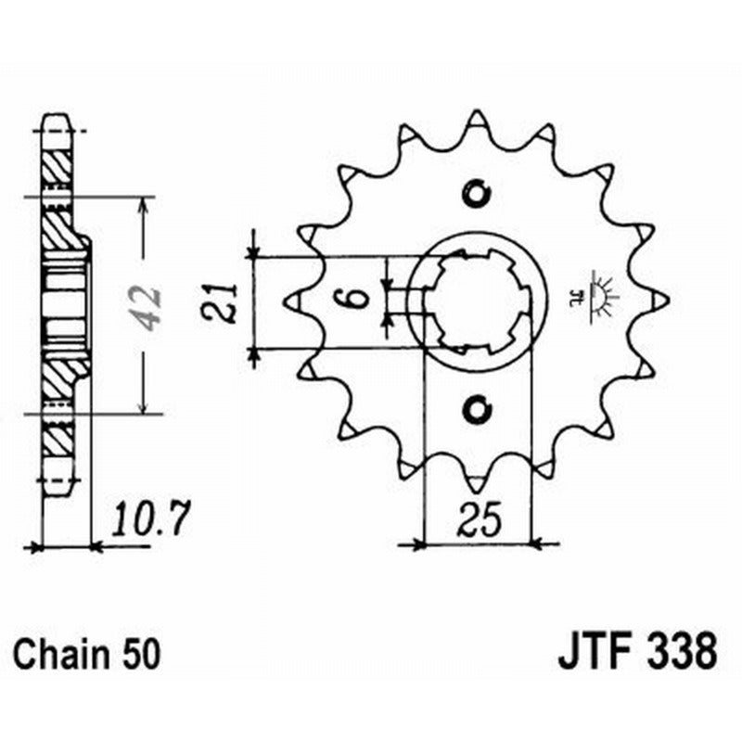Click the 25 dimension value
coord(477,522)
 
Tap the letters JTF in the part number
coord(594,651)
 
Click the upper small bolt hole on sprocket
coord(478,193)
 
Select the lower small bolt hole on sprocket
coord(478,407)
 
